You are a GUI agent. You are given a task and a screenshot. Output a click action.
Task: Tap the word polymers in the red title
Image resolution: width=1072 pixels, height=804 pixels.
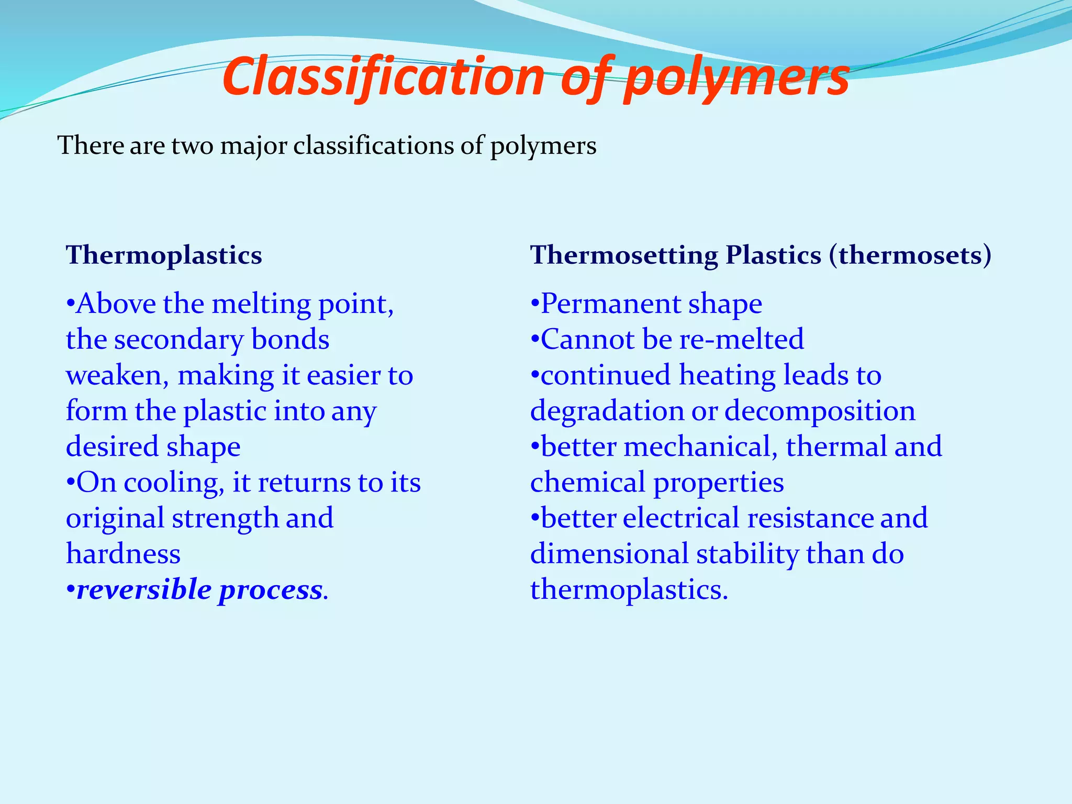737,79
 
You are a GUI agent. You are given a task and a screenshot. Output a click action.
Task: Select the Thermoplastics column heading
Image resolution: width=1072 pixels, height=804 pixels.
164,255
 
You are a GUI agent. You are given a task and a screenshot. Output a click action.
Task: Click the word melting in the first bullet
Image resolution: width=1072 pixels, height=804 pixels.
261,304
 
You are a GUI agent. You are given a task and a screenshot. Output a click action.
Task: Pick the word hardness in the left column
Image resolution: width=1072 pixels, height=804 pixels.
123,554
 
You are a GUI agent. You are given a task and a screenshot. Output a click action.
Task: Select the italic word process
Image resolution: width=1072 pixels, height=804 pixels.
270,591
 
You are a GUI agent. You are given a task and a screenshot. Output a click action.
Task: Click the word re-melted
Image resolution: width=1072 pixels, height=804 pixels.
742,340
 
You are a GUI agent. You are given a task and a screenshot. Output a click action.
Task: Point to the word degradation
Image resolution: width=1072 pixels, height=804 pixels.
607,411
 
